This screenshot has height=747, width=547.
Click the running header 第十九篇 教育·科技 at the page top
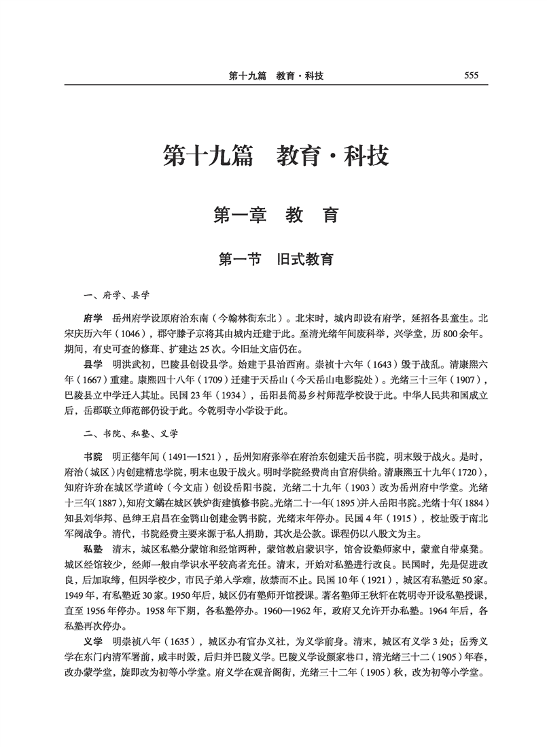click(x=275, y=76)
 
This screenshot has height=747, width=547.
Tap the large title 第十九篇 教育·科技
click(x=276, y=156)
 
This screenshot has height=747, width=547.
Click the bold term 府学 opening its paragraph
click(x=92, y=318)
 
